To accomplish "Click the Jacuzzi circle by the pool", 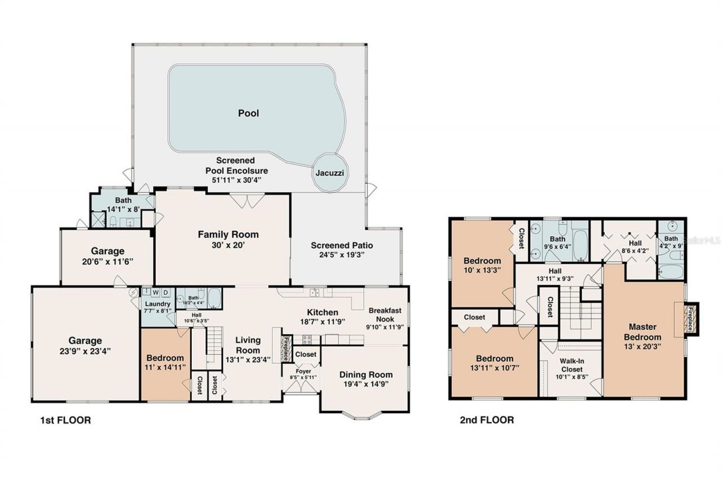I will (330, 172).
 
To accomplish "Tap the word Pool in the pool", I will (248, 113).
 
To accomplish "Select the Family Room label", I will (228, 235).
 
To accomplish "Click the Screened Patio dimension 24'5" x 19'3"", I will (342, 255).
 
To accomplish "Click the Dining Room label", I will (366, 374).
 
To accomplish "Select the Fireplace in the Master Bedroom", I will (690, 319).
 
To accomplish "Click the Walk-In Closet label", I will (571, 365).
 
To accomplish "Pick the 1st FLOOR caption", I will (65, 420).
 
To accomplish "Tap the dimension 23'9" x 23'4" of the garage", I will (85, 350).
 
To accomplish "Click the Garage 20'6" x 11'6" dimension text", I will (107, 261).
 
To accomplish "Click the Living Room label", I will (248, 345).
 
